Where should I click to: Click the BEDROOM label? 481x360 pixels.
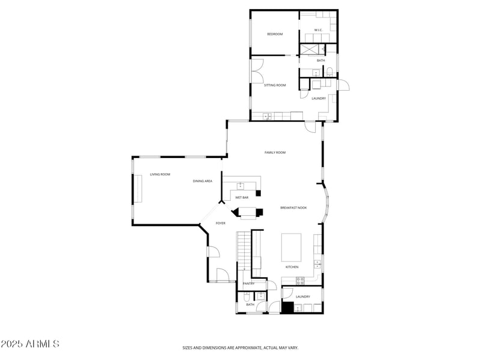[x=275, y=34]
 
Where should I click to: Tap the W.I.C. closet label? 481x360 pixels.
[x=319, y=30]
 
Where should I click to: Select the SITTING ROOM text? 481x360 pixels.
[x=275, y=85]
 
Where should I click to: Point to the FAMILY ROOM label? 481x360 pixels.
[x=275, y=153]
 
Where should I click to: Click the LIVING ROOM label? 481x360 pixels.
[x=160, y=174]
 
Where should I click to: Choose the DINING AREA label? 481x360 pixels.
[x=203, y=181]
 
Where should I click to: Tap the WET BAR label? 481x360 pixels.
[x=242, y=197]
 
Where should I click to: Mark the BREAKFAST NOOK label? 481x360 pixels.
[x=293, y=208]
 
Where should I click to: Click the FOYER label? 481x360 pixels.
[x=221, y=223]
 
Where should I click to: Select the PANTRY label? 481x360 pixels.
[x=248, y=284]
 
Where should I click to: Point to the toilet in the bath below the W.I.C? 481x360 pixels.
[x=329, y=72]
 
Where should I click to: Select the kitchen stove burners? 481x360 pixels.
[x=299, y=280]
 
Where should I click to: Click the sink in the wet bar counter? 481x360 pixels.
[x=240, y=185]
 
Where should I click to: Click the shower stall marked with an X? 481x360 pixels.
[x=312, y=49]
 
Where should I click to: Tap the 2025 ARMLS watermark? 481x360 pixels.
[x=30, y=344]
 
